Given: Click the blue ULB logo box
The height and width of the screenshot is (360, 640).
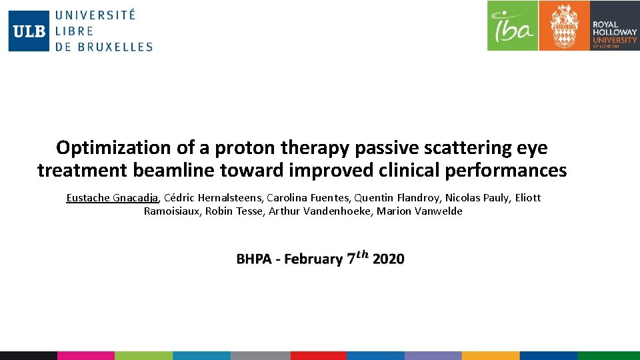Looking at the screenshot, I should pos(29,31).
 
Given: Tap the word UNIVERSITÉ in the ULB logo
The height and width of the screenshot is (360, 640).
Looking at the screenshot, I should pos(95,15).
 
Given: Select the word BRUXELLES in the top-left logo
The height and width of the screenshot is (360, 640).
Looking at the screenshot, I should pos(113,47).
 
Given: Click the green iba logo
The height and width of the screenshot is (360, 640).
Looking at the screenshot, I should pos(512,25).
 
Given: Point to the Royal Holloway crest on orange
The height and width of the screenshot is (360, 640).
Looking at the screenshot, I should pos(563,25).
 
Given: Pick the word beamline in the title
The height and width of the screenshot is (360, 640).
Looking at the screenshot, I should pos(173,171).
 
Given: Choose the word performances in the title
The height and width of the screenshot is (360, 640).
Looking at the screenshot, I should pos(508,171).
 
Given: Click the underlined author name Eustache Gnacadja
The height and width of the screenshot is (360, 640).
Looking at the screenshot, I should pos(112,197).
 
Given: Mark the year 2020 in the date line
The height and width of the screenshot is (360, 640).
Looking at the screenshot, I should pos(388,259).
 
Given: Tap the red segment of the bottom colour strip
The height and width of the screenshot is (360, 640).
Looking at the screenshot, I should pos(318,356).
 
